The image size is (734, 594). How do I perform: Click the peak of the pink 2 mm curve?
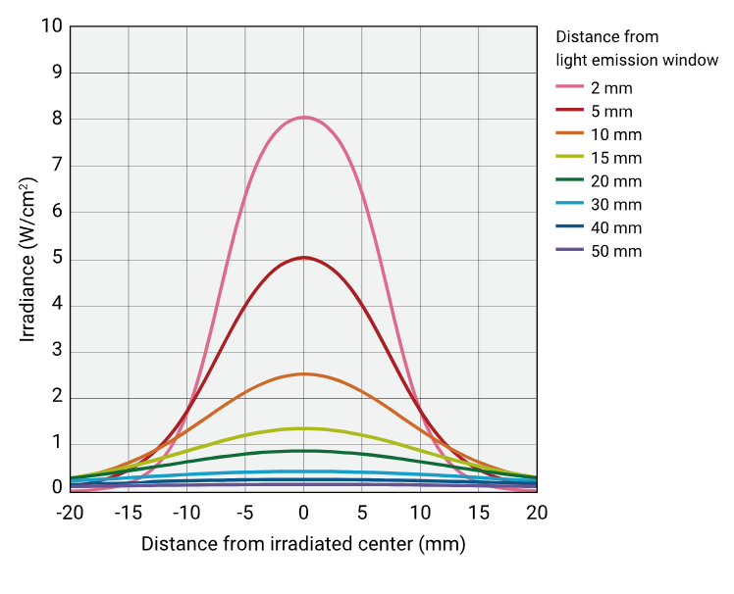[x=304, y=118]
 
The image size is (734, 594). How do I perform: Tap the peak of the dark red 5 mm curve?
[x=304, y=258]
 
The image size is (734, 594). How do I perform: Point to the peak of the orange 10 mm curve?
[x=304, y=373]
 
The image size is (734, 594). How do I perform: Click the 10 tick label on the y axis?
[x=52, y=25]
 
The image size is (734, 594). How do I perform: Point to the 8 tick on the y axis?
[x=57, y=119]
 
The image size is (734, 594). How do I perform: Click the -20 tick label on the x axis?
[x=70, y=513]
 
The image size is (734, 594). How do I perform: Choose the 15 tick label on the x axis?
[x=478, y=513]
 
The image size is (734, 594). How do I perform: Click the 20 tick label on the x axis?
[x=537, y=513]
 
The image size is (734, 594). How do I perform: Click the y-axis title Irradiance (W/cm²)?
[x=28, y=259]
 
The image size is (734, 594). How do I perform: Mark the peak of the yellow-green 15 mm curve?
[x=304, y=427]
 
